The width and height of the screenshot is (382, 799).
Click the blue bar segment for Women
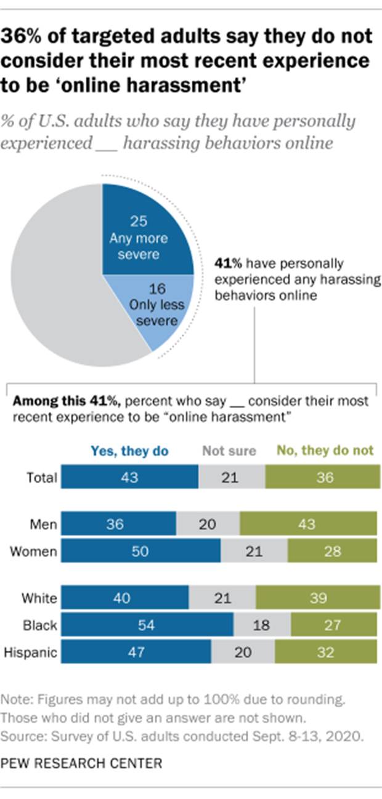[140, 551]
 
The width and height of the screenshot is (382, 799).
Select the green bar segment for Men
[308, 524]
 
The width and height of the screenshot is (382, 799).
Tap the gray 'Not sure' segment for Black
[262, 625]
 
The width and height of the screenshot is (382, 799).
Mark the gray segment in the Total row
[232, 478]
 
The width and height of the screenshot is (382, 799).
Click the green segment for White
[317, 598]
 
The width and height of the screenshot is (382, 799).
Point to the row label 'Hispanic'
[31, 652]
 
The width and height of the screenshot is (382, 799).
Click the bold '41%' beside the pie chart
[226, 263]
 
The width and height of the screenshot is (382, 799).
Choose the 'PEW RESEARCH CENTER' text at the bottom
[82, 763]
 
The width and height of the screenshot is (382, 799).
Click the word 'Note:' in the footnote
[16, 700]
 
